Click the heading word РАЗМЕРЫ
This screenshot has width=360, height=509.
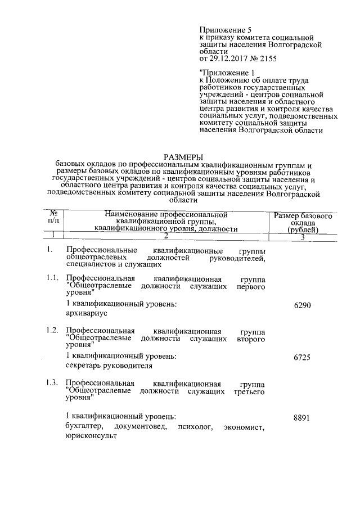[x=183, y=156]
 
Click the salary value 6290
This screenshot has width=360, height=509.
[x=303, y=305]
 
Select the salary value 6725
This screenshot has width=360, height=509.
[x=303, y=358]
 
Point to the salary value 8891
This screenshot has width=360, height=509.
[x=303, y=418]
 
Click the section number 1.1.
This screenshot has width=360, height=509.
[x=52, y=278]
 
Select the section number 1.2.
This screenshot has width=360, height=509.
[x=52, y=330]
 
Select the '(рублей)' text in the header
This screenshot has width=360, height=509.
[x=303, y=229]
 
